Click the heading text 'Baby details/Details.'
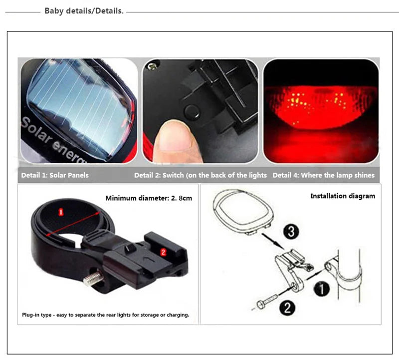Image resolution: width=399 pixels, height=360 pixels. coord(84,10)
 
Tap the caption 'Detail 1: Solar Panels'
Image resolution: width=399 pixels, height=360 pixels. coord(55,175)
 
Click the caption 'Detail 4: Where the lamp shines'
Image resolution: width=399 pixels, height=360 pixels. coord(323,175)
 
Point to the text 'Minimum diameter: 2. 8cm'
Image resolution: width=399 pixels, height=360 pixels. coord(148,198)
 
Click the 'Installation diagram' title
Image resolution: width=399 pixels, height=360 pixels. coord(342,196)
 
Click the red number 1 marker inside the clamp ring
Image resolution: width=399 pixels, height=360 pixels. coord(61,212)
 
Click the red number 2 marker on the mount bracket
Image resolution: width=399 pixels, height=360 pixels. coord(163,252)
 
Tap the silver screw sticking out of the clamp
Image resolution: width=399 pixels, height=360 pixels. coord(93,278)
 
